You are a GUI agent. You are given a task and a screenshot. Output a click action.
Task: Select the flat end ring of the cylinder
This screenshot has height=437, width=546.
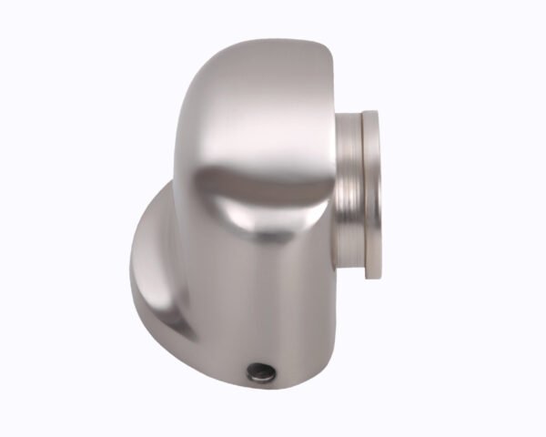click(x=370, y=191)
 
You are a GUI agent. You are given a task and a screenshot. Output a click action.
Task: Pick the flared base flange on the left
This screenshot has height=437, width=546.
click(x=155, y=264)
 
